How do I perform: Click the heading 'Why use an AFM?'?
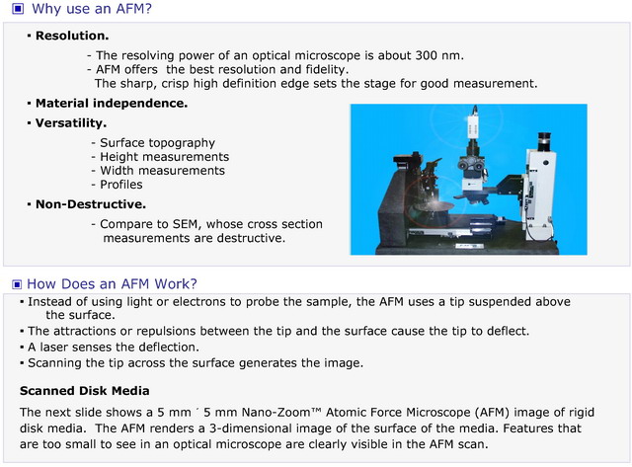92,9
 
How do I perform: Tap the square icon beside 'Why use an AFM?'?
18,9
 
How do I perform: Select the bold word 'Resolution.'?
72,36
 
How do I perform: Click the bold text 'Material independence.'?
112,104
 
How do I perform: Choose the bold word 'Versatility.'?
71,122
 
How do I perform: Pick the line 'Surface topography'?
158,142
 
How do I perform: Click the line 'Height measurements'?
165,156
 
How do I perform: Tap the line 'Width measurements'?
162,171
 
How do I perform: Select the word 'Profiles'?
121,185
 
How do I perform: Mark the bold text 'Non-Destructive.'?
91,204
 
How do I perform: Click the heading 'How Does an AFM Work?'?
112,283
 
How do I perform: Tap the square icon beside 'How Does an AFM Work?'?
17,284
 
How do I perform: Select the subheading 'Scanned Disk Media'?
85,391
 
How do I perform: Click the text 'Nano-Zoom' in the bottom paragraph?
277,412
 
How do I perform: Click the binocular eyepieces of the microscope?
470,164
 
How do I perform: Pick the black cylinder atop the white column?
544,141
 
